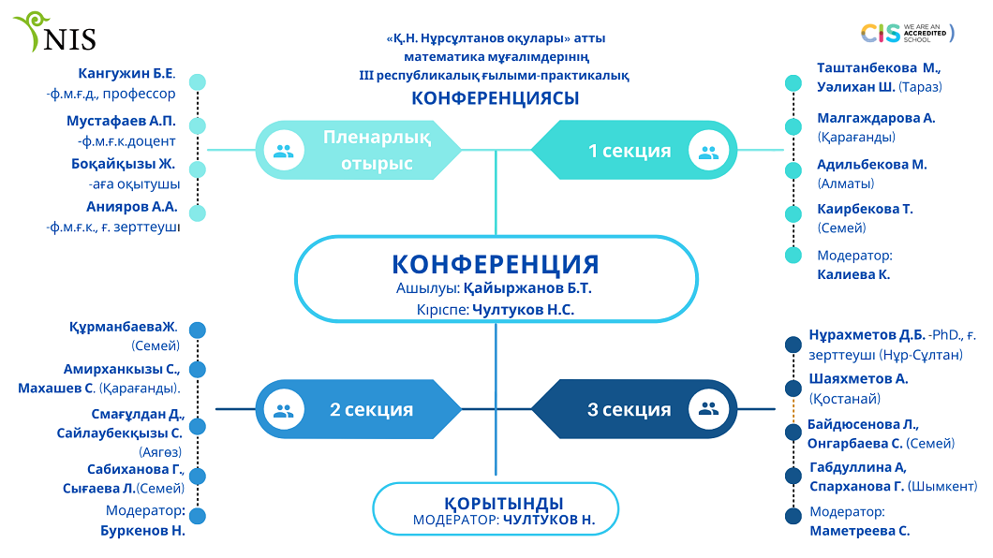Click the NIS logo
click(55, 34)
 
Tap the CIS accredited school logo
click(907, 34)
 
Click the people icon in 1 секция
click(708, 150)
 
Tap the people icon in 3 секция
click(708, 409)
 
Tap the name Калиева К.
click(853, 274)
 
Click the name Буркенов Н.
click(142, 530)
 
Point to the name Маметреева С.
click(860, 531)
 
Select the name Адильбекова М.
click(872, 164)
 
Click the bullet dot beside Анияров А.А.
click(198, 213)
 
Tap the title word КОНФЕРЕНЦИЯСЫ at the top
click(496, 98)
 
